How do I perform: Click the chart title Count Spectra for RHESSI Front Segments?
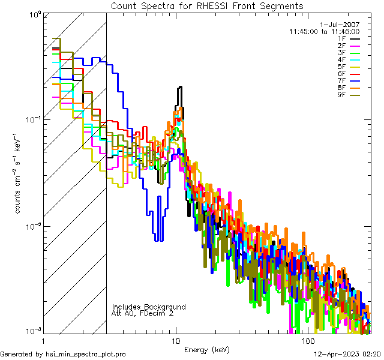click(x=207, y=5)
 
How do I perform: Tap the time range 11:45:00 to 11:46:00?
click(x=324, y=31)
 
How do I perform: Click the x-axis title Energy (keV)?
click(x=206, y=350)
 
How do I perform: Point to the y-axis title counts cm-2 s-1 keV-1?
click(x=19, y=174)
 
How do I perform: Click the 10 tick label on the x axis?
click(x=176, y=341)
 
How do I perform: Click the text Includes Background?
click(x=148, y=307)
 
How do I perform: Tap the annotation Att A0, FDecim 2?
click(x=143, y=313)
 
